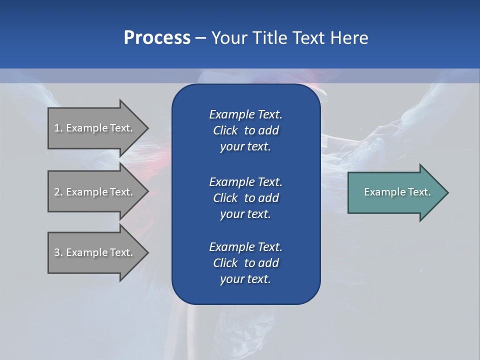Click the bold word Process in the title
[x=157, y=38]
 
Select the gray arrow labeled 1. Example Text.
[x=95, y=128]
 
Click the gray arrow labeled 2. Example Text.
[x=95, y=192]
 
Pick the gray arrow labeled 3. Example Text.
[x=95, y=252]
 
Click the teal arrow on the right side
[x=395, y=192]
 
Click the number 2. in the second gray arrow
[x=58, y=192]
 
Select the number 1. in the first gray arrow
[x=58, y=128]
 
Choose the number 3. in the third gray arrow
[x=58, y=252]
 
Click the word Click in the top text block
[x=225, y=130]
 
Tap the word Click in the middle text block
[x=225, y=198]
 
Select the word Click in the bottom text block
[x=225, y=263]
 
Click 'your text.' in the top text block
[x=245, y=147]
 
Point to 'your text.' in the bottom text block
[x=245, y=279]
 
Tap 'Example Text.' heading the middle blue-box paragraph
[x=245, y=181]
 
